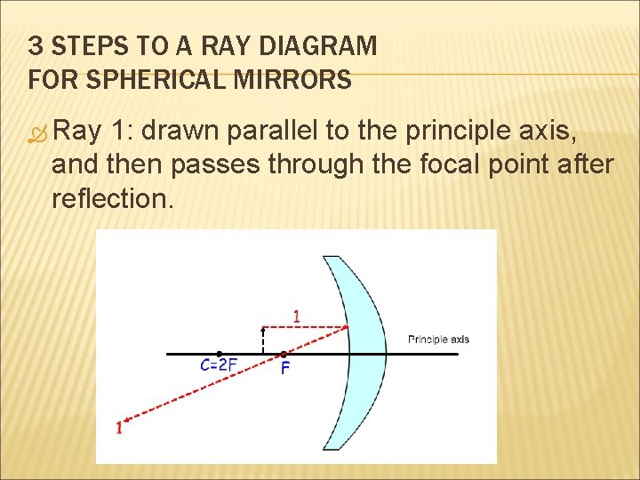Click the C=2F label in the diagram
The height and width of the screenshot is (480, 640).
219,365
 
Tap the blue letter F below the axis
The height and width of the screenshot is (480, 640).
284,367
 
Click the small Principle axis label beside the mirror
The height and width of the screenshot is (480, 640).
438,339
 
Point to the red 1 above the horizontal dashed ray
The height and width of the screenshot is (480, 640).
297,316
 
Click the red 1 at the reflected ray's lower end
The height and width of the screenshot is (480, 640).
119,428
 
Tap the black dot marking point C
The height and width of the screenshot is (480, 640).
220,354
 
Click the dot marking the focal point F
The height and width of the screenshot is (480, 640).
284,354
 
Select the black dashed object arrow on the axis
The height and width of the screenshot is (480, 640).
263,340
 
